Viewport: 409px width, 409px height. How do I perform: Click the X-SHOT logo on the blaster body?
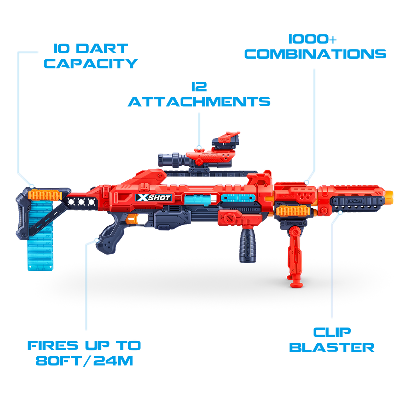[153, 198]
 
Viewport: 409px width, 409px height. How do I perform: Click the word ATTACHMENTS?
[199, 101]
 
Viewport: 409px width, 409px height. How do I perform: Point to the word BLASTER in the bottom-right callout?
[332, 347]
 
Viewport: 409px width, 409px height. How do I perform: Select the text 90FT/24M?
[84, 361]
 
